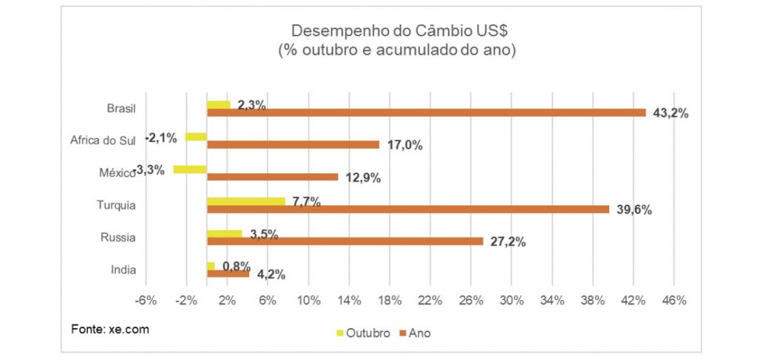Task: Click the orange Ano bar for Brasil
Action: [x=426, y=112]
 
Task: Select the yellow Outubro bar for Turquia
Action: [x=245, y=201]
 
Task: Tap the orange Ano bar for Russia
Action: [x=344, y=241]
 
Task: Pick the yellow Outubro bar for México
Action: [x=190, y=169]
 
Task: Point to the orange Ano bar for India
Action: [x=228, y=274]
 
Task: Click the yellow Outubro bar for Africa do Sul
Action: [x=196, y=137]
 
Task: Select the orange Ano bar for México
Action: [x=272, y=177]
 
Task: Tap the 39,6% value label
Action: [x=634, y=210]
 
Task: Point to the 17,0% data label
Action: [x=404, y=146]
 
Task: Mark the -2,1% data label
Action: [x=160, y=137]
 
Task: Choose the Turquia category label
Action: [x=116, y=206]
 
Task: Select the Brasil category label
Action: [x=121, y=109]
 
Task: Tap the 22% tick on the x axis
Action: [x=430, y=301]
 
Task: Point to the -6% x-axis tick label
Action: [x=146, y=301]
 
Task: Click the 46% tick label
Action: [x=674, y=301]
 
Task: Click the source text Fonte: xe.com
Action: [x=110, y=328]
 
